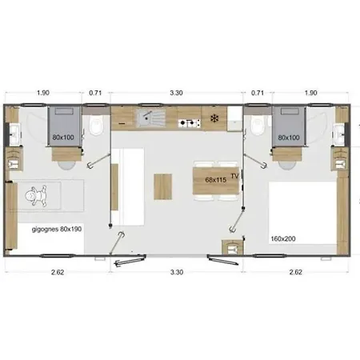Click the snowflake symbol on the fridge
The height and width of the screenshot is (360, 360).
point(214,118)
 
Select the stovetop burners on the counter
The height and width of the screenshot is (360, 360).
point(190,122)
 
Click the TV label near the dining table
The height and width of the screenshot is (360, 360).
point(234,176)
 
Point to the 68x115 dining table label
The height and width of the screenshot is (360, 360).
point(216,180)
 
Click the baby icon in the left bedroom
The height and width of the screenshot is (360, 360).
point(36,196)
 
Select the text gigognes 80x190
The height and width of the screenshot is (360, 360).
point(57,229)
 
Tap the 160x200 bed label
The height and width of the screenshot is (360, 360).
point(283,238)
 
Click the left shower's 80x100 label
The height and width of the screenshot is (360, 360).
point(63,138)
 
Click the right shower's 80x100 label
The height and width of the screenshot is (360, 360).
point(289,138)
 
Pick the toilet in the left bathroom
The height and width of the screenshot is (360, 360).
point(96,125)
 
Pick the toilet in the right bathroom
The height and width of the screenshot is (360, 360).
point(258,125)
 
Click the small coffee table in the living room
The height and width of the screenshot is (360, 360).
point(162,186)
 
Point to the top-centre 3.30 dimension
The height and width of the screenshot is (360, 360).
point(176,93)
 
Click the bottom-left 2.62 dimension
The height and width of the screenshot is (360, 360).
point(58,272)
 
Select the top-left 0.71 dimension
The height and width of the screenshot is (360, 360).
point(95,93)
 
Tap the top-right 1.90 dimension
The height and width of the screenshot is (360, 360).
point(310,93)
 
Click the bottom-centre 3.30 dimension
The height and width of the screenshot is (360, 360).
point(177,272)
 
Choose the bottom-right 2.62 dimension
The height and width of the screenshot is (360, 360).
point(296,272)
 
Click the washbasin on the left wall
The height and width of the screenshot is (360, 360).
point(14,134)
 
